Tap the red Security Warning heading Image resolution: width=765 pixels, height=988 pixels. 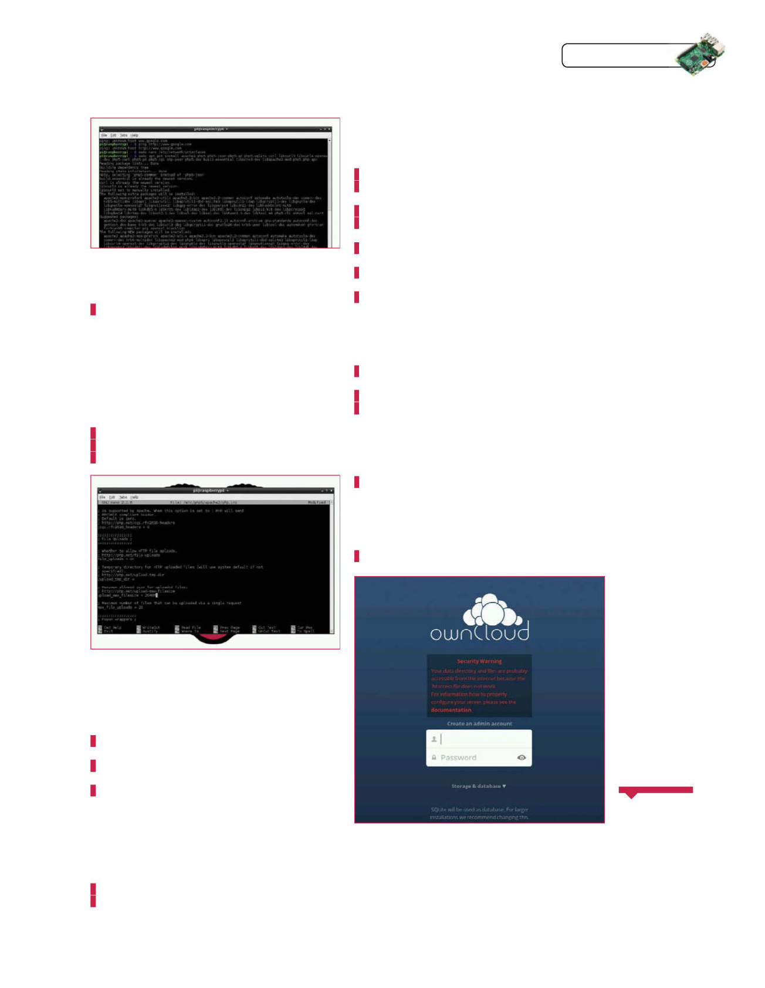pyautogui.click(x=479, y=661)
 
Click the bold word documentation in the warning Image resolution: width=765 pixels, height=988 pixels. pyautogui.click(x=451, y=710)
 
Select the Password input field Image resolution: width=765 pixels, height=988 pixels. pyautogui.click(x=475, y=757)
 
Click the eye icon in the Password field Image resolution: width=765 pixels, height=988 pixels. pyautogui.click(x=521, y=757)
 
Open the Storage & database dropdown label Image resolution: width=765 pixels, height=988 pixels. pyautogui.click(x=478, y=786)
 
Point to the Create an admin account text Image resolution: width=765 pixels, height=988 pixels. pyautogui.click(x=479, y=723)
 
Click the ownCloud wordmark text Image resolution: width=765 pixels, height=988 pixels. pyautogui.click(x=479, y=632)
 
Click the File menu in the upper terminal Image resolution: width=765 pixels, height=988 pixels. pyautogui.click(x=104, y=136)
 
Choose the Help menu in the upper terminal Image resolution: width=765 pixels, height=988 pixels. pyautogui.click(x=134, y=136)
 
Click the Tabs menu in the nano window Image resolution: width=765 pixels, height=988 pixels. pyautogui.click(x=123, y=497)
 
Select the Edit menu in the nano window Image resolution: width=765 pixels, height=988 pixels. pyautogui.click(x=112, y=497)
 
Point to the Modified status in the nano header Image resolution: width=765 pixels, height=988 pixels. pyautogui.click(x=316, y=502)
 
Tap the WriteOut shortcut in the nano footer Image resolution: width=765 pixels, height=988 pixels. pyautogui.click(x=150, y=627)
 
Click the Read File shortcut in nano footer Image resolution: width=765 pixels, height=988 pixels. pyautogui.click(x=190, y=627)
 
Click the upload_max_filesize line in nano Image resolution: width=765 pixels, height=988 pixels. pyautogui.click(x=127, y=595)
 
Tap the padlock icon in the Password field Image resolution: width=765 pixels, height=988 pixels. pyautogui.click(x=434, y=757)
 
